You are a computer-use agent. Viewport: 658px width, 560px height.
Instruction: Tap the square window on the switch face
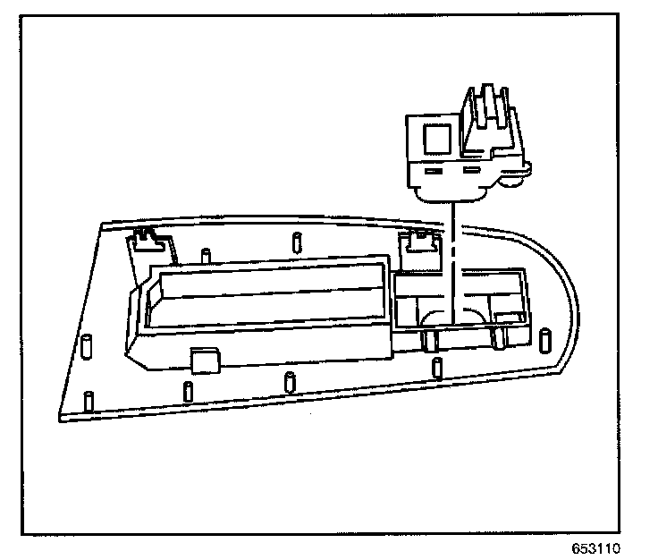click(x=437, y=139)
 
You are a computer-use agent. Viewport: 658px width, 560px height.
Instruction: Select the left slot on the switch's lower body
click(x=434, y=170)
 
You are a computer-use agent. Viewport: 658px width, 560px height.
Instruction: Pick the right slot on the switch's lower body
click(x=470, y=168)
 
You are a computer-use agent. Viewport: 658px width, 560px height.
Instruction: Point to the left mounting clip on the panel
click(x=145, y=237)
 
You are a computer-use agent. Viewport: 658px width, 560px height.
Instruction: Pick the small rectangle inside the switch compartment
click(x=510, y=317)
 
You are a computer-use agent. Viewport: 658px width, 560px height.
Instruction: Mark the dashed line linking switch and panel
click(x=454, y=250)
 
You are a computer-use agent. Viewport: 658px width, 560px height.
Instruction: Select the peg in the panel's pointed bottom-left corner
click(x=88, y=401)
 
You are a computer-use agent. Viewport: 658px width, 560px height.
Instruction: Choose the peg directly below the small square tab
click(x=189, y=392)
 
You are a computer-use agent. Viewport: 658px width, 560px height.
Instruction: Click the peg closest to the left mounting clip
click(x=206, y=255)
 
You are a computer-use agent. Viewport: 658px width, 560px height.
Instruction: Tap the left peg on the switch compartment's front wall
click(x=433, y=338)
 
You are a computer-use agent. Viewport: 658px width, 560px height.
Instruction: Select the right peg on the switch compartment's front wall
click(x=498, y=336)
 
